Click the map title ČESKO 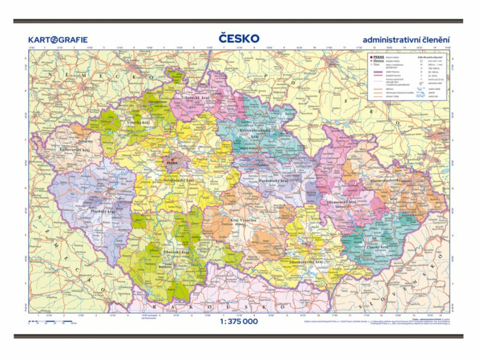tap(240, 38)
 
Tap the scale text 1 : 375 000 tap(239, 321)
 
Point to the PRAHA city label tap(172, 163)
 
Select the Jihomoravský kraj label tap(306, 262)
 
